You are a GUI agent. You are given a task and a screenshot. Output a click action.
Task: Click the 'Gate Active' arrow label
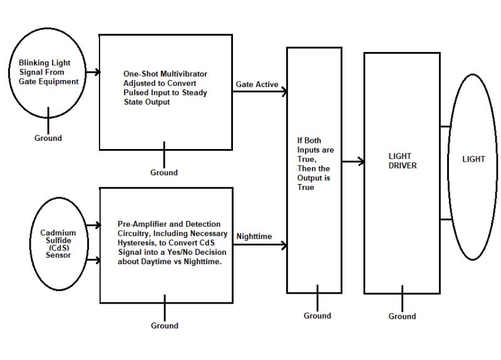coord(257,85)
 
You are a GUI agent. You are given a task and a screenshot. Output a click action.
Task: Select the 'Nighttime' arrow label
coord(254,236)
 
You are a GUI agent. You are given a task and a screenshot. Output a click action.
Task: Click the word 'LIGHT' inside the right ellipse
coord(473,159)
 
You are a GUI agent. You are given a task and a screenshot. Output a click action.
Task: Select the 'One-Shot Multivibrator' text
coord(165,88)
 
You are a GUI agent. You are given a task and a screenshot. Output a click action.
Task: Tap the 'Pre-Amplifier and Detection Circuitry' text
coord(170,241)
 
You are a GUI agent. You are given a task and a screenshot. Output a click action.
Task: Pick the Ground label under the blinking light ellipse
coord(48,138)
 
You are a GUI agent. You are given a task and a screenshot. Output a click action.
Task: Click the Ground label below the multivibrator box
coord(164,172)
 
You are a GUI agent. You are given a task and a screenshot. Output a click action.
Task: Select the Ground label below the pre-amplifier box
coord(165,326)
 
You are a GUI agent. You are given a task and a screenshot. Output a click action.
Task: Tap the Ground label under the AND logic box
coord(317,316)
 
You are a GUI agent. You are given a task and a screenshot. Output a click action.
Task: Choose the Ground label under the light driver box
coord(402,316)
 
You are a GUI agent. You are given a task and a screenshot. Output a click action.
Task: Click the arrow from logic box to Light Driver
coord(353,162)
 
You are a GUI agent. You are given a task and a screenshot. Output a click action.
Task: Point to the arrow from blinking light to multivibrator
coord(93,72)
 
